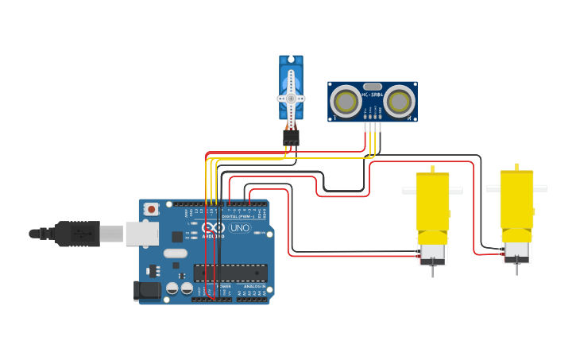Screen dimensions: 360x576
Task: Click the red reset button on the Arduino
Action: (151, 209)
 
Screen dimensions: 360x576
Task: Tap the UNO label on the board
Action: (239, 228)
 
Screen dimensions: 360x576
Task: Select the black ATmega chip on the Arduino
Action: (230, 273)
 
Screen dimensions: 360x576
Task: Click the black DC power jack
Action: (146, 291)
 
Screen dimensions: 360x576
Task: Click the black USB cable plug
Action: (77, 234)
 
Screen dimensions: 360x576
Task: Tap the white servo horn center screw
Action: (291, 99)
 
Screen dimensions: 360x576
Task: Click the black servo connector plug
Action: (291, 137)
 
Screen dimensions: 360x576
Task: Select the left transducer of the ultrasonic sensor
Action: (346, 102)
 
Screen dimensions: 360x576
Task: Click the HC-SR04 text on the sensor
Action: (373, 95)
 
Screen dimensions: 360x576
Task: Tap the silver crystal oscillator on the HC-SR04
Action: (372, 86)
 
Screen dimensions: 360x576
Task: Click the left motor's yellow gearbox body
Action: (432, 203)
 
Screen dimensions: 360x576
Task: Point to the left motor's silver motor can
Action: (432, 253)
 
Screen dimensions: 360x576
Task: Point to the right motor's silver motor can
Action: (516, 251)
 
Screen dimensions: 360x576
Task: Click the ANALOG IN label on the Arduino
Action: (254, 287)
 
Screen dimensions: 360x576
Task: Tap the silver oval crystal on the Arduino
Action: (176, 254)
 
